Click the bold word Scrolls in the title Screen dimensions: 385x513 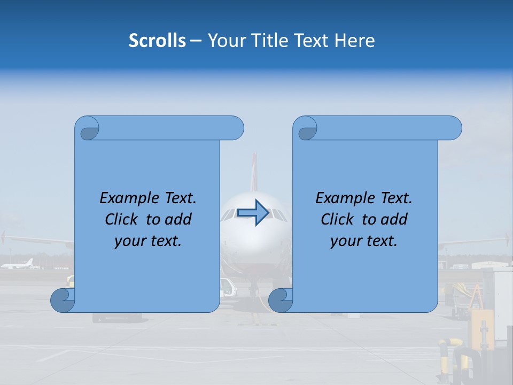click(x=157, y=41)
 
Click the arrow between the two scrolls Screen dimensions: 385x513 click(x=253, y=213)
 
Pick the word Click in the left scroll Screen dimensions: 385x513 click(x=123, y=219)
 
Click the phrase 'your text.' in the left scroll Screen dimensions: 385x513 click(x=148, y=241)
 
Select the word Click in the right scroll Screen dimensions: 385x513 click(x=339, y=219)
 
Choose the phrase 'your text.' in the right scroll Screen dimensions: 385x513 click(x=364, y=241)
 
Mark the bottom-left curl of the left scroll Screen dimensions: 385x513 click(x=62, y=301)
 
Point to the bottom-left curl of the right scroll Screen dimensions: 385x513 click(x=280, y=301)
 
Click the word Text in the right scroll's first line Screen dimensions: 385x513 click(x=396, y=198)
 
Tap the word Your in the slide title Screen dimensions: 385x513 click(x=224, y=41)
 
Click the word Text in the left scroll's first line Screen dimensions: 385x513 click(x=180, y=198)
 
